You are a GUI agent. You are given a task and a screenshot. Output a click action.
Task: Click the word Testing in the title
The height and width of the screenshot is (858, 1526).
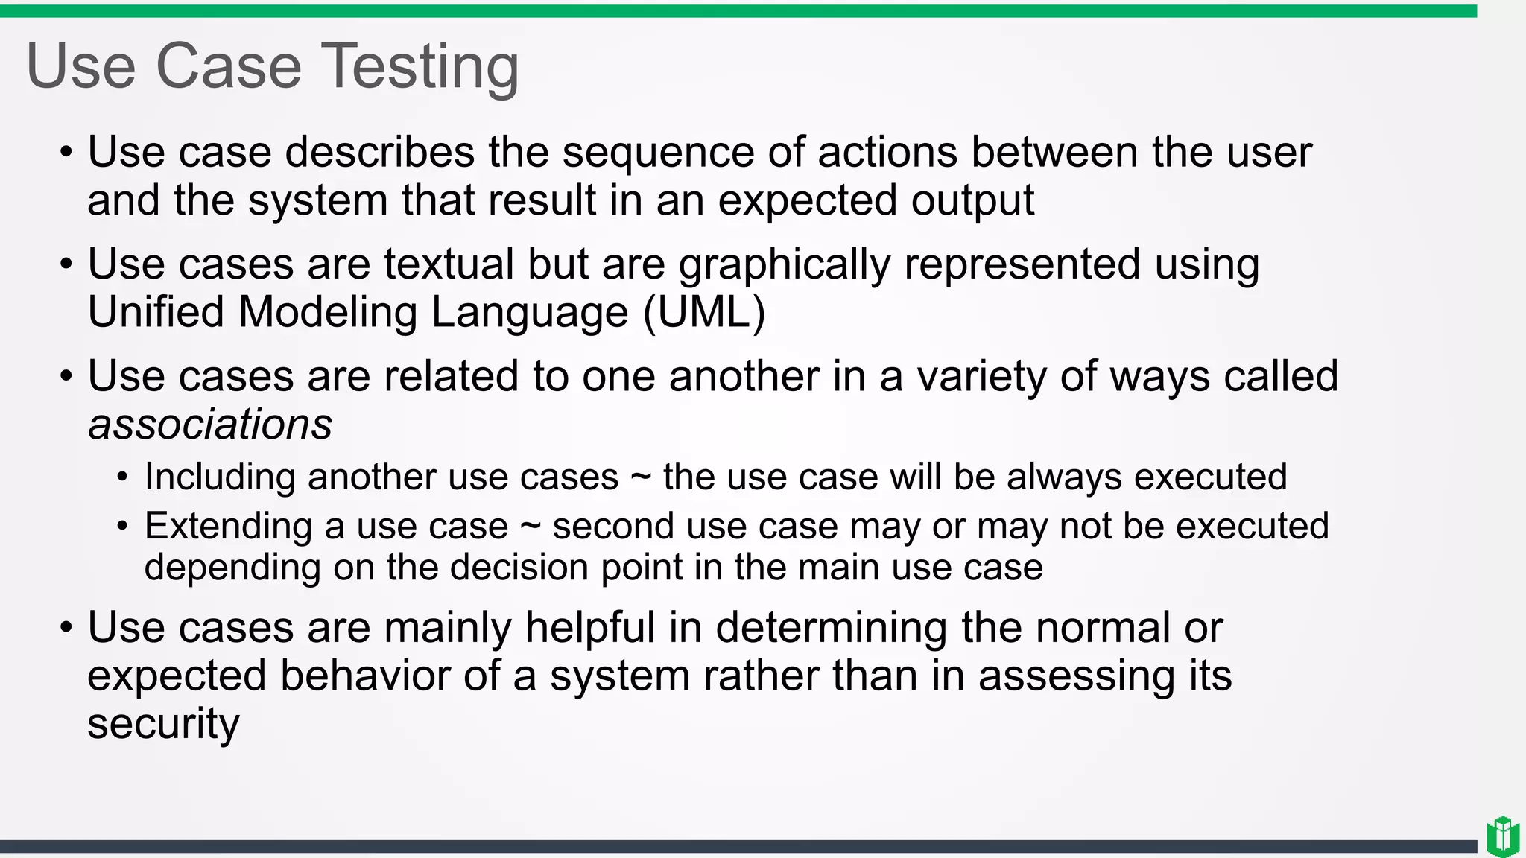420,67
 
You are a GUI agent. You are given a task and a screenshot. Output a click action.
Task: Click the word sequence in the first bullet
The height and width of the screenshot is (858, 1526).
658,153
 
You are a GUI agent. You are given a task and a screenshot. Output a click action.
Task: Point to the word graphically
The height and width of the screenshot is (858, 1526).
784,266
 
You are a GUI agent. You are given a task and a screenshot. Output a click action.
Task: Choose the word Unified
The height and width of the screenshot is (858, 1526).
156,312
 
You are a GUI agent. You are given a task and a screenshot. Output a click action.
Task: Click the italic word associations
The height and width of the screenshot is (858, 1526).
210,425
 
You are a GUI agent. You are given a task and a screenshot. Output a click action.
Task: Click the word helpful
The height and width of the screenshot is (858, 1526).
589,627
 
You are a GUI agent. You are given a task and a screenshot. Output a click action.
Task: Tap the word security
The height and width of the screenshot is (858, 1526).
163,724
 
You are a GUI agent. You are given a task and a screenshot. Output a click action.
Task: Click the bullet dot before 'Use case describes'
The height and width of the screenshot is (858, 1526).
66,153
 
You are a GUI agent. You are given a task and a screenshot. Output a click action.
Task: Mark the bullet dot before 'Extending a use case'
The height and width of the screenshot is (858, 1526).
123,527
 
